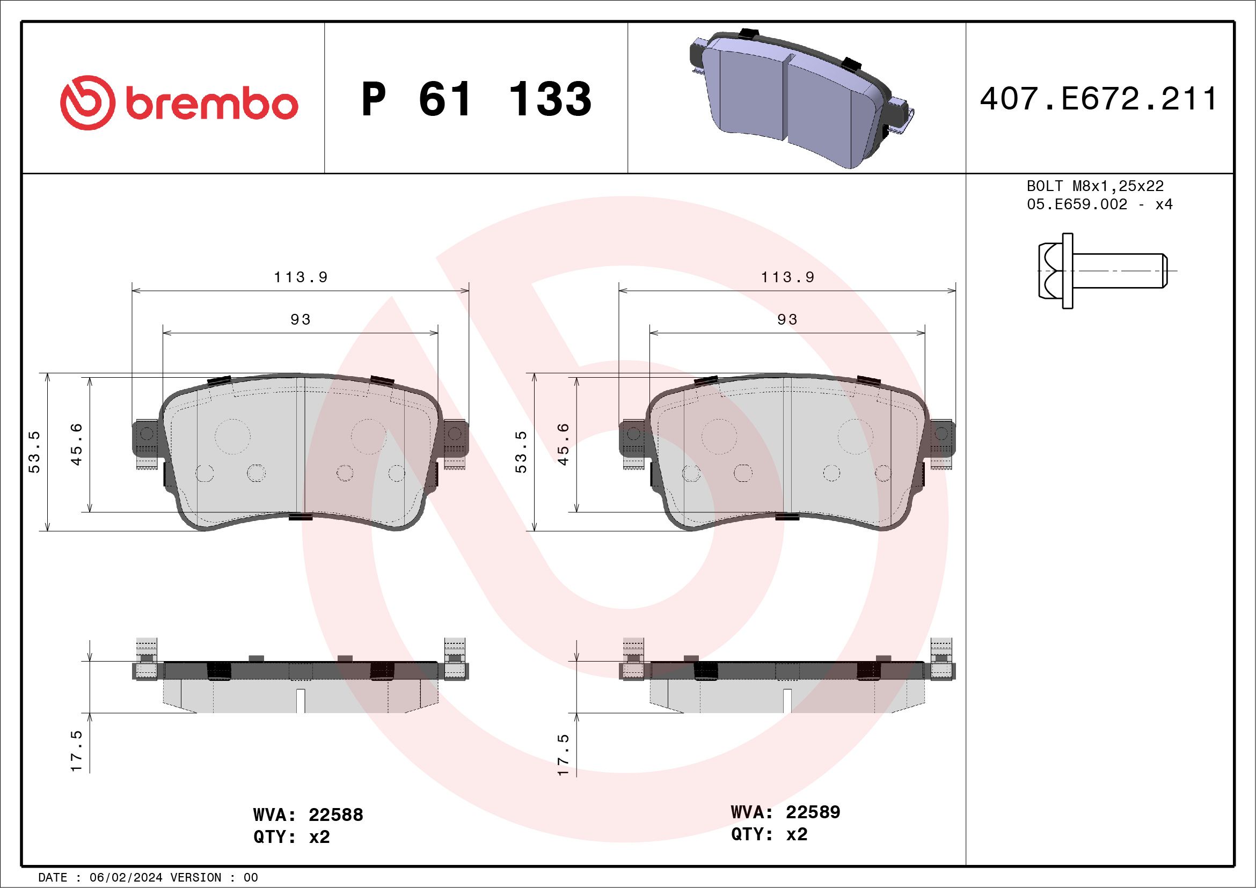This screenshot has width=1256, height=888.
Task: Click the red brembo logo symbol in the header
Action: [87, 103]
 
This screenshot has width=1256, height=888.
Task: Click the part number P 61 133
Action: [477, 99]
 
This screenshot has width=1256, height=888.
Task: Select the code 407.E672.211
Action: [1098, 99]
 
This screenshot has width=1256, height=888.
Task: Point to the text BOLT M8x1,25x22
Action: [1094, 186]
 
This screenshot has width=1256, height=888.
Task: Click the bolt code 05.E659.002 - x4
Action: [1099, 204]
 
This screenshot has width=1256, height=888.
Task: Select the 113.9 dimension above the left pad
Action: [301, 277]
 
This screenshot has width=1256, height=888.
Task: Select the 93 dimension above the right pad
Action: [787, 319]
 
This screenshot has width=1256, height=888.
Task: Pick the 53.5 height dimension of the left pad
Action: [34, 452]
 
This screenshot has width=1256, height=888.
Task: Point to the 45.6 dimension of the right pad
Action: [563, 444]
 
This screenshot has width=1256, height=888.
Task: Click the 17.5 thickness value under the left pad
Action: [76, 751]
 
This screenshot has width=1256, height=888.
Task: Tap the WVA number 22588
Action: [335, 814]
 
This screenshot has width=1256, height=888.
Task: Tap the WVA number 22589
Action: [812, 812]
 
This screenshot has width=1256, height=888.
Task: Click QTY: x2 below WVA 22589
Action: [769, 834]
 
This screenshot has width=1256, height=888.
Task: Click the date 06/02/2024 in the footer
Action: [126, 878]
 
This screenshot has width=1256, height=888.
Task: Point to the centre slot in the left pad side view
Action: [301, 700]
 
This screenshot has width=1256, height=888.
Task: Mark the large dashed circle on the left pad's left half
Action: [232, 436]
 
